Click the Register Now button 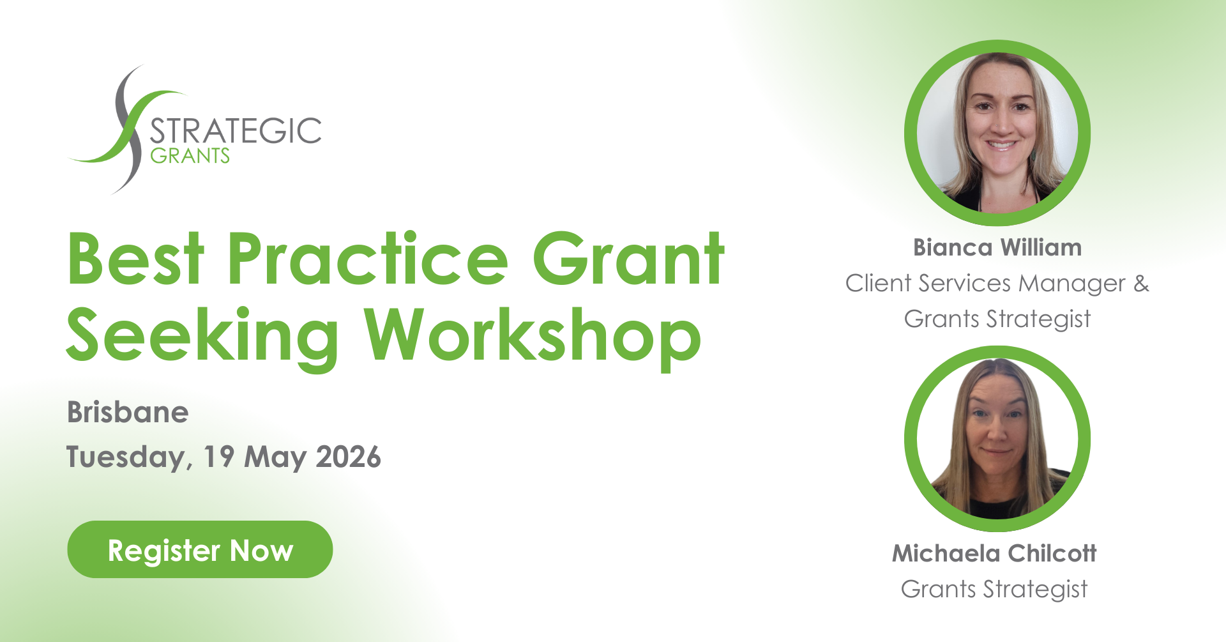click(x=200, y=549)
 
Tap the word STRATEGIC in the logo click(x=236, y=131)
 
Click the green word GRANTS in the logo click(x=190, y=155)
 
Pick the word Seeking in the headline click(x=202, y=336)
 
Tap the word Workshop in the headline click(x=533, y=336)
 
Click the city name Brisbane click(x=128, y=412)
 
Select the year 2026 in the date click(x=349, y=457)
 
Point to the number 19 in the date click(x=219, y=457)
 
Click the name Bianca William click(x=997, y=247)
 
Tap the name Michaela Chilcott click(x=994, y=553)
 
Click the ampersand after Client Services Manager click(x=1141, y=283)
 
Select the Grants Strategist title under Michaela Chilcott click(x=994, y=589)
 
